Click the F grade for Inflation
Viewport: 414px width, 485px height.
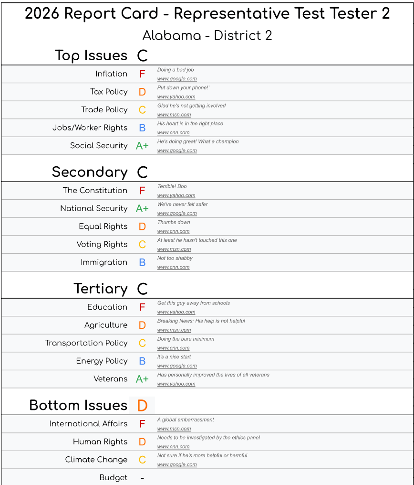click(142, 74)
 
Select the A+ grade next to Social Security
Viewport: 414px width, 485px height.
click(142, 146)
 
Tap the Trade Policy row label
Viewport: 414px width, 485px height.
click(104, 110)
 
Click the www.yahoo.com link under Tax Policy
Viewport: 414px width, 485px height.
click(176, 97)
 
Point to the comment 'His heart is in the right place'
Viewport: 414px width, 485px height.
click(190, 123)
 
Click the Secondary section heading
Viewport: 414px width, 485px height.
click(90, 172)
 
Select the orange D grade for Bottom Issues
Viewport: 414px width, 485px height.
click(142, 406)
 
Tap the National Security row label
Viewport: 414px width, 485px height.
click(94, 208)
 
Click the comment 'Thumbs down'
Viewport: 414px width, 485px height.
click(174, 222)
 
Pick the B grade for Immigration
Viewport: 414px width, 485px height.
click(142, 262)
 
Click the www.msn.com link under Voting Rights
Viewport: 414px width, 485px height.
click(174, 249)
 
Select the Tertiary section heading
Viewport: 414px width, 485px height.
click(101, 289)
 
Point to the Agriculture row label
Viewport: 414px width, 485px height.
click(106, 325)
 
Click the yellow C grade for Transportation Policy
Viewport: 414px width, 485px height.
click(142, 343)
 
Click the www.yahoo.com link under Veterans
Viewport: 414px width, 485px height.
click(176, 384)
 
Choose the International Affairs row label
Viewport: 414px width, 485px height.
click(88, 424)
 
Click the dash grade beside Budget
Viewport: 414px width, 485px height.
click(142, 478)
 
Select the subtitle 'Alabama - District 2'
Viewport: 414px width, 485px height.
click(207, 36)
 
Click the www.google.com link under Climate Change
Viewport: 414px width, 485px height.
click(177, 464)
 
